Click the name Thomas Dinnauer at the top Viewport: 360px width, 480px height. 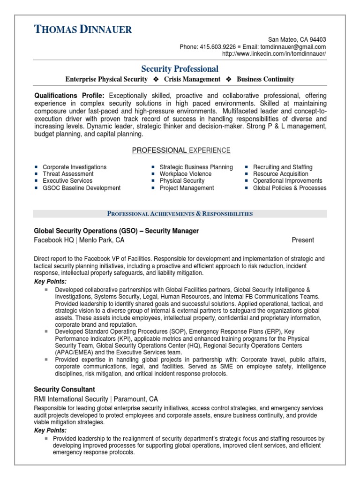tap(83, 30)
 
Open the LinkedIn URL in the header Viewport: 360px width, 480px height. tap(274, 54)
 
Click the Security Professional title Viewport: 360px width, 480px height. tap(180, 69)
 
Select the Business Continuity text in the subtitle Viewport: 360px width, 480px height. tap(265, 79)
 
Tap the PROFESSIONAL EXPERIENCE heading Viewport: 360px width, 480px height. tap(181, 150)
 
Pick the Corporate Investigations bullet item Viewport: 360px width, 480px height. tap(75, 167)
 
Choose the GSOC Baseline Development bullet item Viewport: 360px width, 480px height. tap(82, 188)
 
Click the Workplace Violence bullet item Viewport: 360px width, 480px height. tap(186, 174)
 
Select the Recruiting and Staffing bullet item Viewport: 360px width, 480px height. tap(283, 167)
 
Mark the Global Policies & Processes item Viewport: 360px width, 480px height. tap(290, 188)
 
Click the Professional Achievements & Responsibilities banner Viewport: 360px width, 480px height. tap(180, 214)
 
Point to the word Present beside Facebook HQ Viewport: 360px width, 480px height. tap(303, 240)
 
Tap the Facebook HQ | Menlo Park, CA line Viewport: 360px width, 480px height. tap(79, 240)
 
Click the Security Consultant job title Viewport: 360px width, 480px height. tap(64, 389)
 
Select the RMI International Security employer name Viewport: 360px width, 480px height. tap(71, 399)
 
